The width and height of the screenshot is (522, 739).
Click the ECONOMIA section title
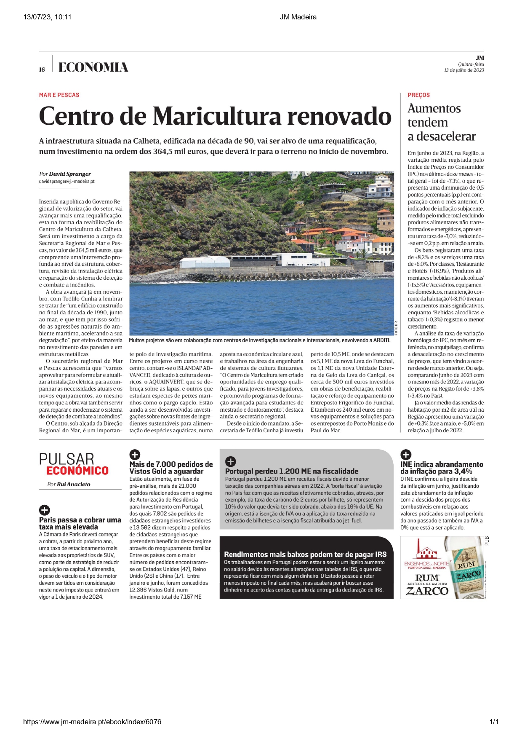[93, 67]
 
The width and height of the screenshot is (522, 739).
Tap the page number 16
[42, 70]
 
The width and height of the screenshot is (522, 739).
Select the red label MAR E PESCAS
[59, 95]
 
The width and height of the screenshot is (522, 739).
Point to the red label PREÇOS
[418, 95]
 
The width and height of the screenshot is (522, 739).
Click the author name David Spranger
[70, 174]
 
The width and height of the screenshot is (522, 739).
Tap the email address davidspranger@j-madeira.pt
[67, 181]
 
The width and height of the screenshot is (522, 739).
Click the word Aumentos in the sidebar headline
[434, 109]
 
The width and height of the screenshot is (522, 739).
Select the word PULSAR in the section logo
[67, 459]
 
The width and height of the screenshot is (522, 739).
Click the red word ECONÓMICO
[77, 471]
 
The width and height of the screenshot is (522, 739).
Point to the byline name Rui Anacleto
[74, 484]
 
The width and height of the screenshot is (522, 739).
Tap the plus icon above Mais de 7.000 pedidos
[134, 455]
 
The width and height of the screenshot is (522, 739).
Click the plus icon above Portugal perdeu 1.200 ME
[231, 461]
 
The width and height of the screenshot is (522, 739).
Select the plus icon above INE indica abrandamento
[405, 455]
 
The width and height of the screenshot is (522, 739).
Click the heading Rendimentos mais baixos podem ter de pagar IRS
[305, 554]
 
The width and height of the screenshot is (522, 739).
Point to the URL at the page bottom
[92, 722]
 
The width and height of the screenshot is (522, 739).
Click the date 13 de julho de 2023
[464, 70]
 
